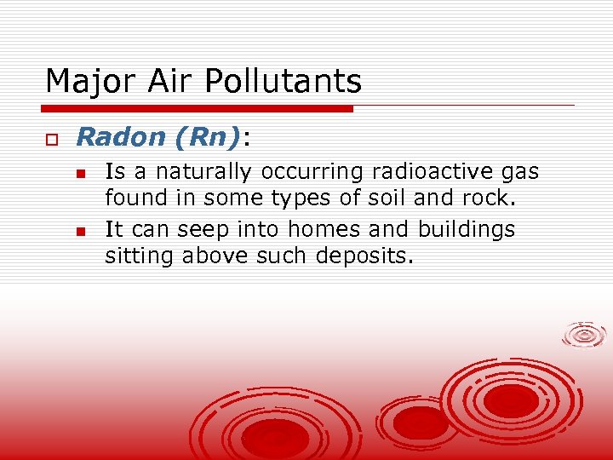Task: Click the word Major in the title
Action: tap(81, 82)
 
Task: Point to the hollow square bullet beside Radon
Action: tap(51, 138)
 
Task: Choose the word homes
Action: tap(321, 229)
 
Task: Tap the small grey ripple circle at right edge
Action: tap(585, 334)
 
